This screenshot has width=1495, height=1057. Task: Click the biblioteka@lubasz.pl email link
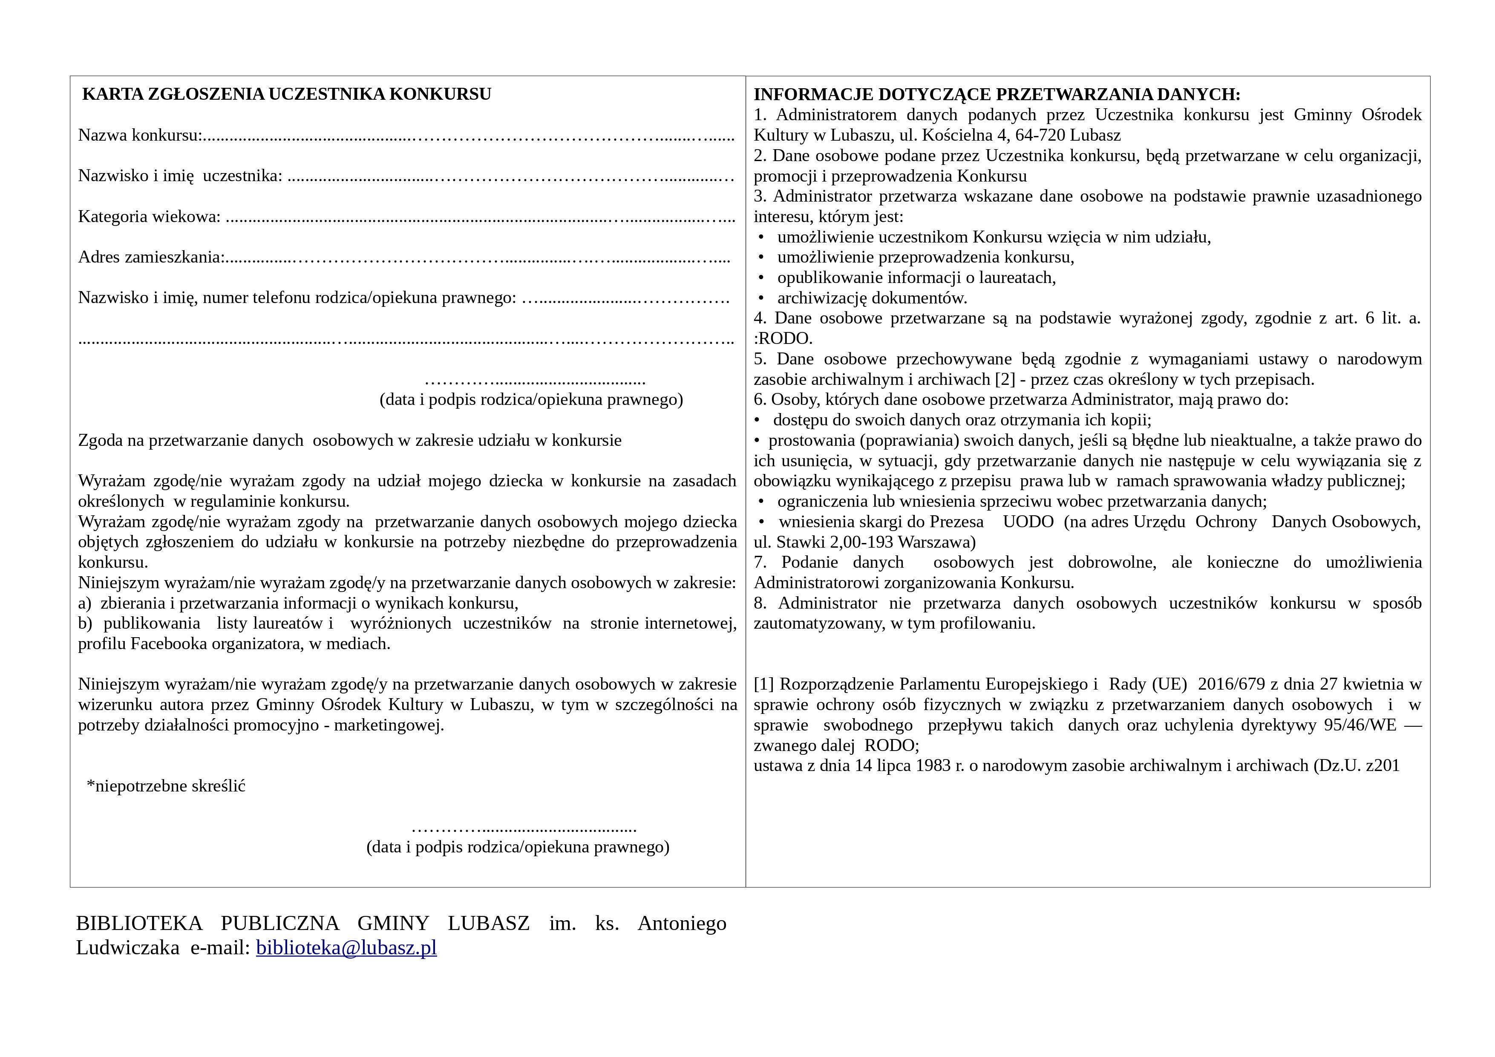coord(346,947)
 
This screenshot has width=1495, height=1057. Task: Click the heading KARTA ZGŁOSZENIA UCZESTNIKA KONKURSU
coord(286,95)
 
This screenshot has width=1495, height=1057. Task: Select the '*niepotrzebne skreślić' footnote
coord(166,786)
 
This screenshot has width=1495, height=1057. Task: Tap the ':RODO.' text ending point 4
coord(783,339)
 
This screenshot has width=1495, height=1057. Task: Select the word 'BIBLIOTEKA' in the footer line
coord(139,924)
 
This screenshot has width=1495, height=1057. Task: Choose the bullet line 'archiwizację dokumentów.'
coord(872,298)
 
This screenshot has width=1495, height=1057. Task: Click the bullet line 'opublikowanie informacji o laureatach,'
coord(916,278)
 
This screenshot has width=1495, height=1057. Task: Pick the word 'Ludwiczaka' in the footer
coord(128,947)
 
